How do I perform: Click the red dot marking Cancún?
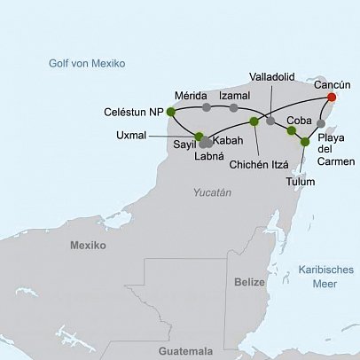point(332,98)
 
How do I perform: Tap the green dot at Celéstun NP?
point(170,112)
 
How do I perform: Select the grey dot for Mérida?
point(207,107)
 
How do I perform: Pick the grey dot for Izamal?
point(234,107)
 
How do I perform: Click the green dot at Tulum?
point(305,142)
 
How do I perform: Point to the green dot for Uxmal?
point(199,136)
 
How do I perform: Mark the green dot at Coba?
point(292,131)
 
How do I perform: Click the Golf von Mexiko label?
point(87,64)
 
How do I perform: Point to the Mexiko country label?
point(88,245)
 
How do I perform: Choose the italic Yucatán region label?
point(212,192)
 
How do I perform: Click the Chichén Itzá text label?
point(260,164)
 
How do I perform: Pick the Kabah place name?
point(228,141)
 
